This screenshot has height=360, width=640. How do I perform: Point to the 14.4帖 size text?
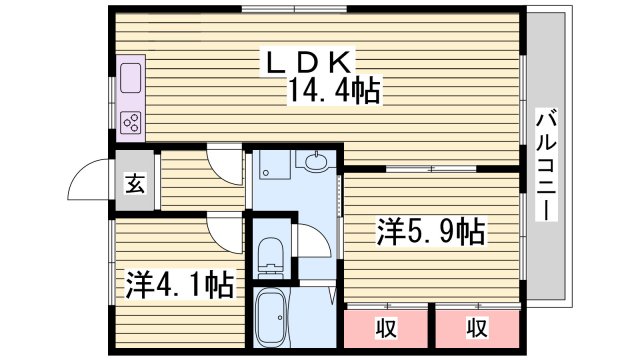pos(333,92)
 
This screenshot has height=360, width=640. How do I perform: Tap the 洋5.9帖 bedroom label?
pos(430,232)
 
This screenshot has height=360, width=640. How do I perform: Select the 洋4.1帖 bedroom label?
pos(180,285)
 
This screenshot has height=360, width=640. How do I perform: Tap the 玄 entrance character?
pos(133,183)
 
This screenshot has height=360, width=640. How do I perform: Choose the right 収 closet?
pos(476,326)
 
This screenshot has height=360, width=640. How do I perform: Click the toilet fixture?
pos(269,254)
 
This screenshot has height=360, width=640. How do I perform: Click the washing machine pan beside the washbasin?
pos(269,166)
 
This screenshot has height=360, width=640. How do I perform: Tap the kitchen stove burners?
pos(131,122)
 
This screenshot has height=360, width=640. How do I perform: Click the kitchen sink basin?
pos(131,77)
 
